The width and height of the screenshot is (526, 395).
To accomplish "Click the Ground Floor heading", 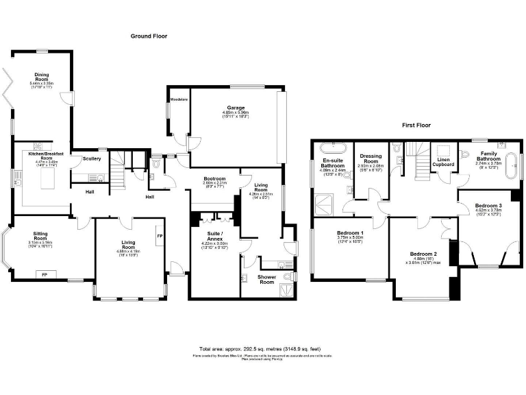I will pos(149,36).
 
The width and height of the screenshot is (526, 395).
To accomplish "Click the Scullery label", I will pos(92,158).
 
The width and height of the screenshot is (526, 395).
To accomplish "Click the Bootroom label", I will pos(214,179).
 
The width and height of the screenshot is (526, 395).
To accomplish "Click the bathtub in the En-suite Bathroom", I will pos(332,147).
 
